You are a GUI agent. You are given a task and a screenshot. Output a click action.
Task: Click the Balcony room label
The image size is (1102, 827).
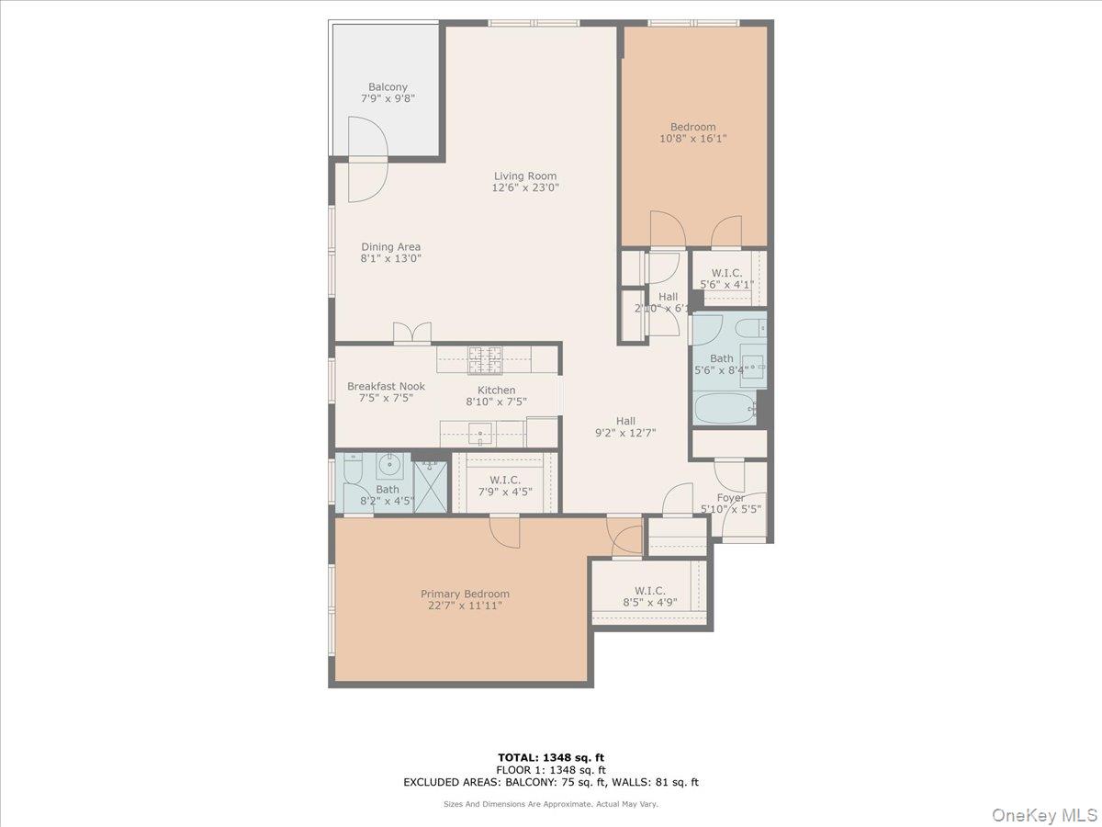coord(388,87)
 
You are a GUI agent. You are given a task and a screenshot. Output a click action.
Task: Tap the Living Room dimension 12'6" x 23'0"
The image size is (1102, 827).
coord(525,188)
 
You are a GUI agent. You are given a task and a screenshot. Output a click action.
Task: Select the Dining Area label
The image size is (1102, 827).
coord(390,246)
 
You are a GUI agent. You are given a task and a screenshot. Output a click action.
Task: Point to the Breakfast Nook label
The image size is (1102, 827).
coord(386,387)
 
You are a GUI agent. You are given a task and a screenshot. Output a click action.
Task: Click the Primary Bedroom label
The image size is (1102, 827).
coord(465,594)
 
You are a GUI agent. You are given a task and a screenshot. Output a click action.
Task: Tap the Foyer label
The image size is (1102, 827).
coord(731,498)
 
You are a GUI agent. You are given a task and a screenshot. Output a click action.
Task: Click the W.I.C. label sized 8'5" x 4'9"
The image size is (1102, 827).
coord(649,591)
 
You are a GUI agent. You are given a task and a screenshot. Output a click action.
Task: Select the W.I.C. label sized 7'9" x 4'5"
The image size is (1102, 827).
coord(505,480)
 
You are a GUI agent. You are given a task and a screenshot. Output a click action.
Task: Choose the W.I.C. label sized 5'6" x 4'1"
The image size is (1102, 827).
coord(726,273)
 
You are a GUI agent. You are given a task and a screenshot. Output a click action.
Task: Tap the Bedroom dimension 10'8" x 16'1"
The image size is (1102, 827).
coord(693,139)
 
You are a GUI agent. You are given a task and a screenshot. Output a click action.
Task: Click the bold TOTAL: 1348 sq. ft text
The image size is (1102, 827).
coord(551,757)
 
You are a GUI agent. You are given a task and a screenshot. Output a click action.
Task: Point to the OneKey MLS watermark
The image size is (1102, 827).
coord(1043,815)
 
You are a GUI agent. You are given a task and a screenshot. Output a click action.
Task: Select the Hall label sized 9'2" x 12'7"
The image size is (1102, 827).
coord(625,421)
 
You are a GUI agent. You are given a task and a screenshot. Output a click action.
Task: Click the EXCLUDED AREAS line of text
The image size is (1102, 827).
coord(551,783)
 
